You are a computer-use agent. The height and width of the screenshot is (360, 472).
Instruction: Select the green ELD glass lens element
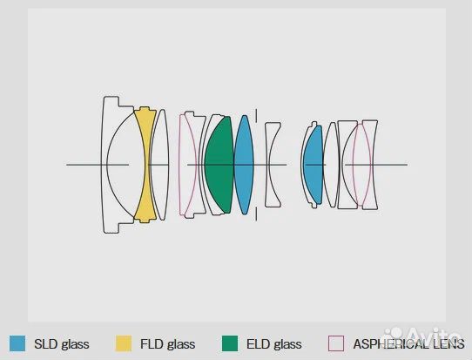219,165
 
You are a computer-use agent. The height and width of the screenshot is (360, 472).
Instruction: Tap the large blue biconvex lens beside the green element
244,165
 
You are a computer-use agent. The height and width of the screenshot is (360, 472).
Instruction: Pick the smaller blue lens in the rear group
313,165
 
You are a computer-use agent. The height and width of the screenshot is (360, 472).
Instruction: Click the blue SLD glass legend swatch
17,343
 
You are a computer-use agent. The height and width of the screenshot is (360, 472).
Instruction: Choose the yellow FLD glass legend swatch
124,343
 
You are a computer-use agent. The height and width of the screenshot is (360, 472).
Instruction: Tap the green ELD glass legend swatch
230,343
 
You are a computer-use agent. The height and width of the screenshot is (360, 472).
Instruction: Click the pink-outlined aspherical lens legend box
336,343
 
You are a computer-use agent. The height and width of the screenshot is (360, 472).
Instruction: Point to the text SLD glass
62,343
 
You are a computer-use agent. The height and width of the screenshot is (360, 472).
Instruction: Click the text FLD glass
168,343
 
